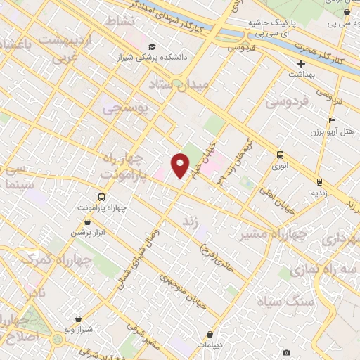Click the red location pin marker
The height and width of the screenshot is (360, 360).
[181, 165]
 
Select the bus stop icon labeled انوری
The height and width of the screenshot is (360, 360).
[281, 155]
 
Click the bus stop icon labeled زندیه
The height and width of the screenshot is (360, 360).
[319, 180]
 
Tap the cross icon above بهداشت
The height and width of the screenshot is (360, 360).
[301, 63]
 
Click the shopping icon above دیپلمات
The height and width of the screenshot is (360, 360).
[210, 334]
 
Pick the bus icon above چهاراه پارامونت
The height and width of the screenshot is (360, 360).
[101, 198]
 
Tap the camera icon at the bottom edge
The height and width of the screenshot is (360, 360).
[286, 352]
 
